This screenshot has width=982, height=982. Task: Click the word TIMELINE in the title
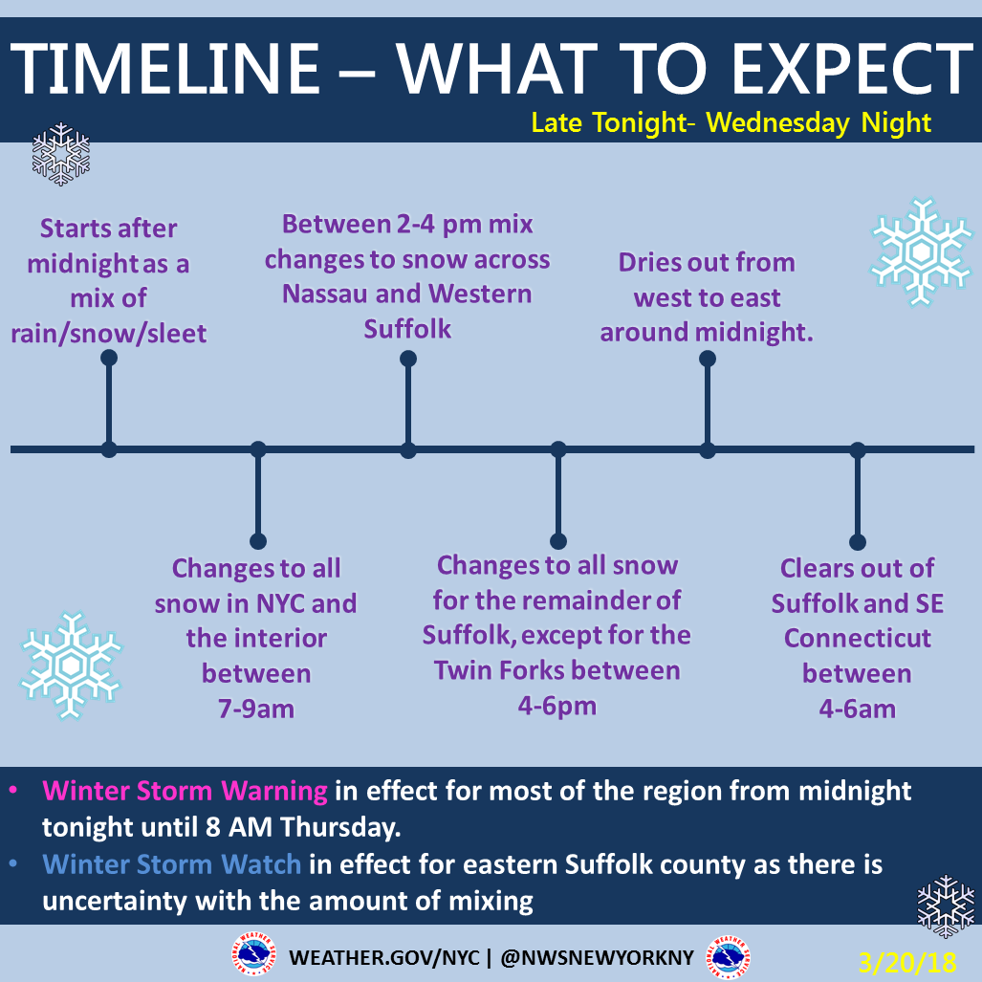165,69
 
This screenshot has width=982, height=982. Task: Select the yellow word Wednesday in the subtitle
777,123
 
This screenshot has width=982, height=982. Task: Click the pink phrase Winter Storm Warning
185,791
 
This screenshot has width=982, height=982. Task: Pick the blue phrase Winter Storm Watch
171,864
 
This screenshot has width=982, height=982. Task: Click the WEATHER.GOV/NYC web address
384,957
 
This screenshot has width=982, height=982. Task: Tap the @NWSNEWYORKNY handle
598,957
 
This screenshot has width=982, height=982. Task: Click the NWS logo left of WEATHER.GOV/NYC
253,955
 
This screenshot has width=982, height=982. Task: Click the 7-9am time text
256,709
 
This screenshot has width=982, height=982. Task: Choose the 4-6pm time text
556,706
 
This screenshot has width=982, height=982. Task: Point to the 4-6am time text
858,709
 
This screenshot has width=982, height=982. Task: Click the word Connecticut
858,638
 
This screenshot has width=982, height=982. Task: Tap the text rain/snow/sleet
108,334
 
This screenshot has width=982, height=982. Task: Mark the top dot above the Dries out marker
707,359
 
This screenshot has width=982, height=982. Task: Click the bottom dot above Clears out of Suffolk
858,542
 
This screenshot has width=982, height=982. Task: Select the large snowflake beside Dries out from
921,251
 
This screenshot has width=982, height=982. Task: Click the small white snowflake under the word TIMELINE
61,154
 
